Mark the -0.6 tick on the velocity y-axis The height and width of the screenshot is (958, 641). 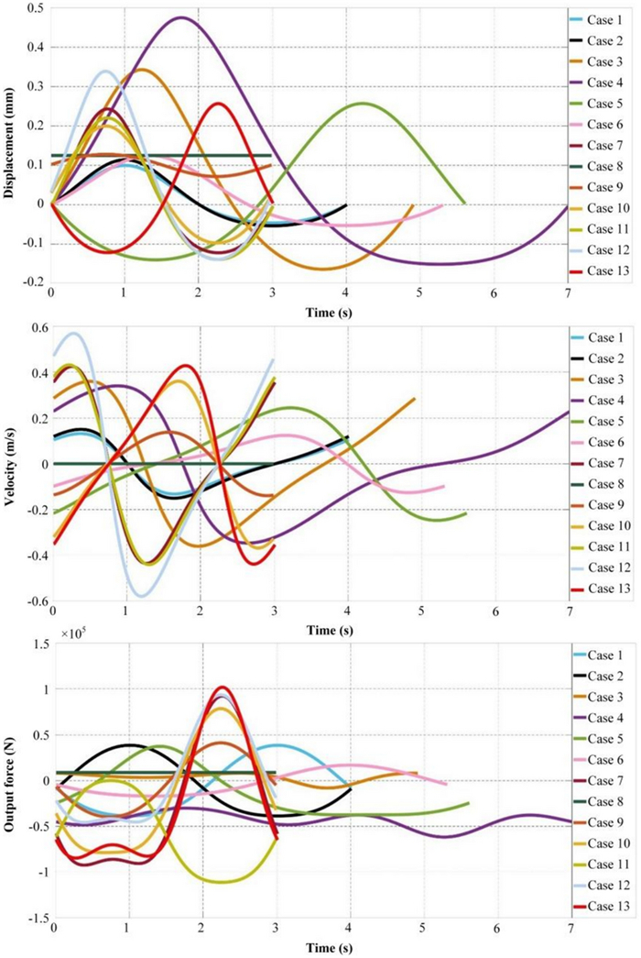click(x=35, y=600)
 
